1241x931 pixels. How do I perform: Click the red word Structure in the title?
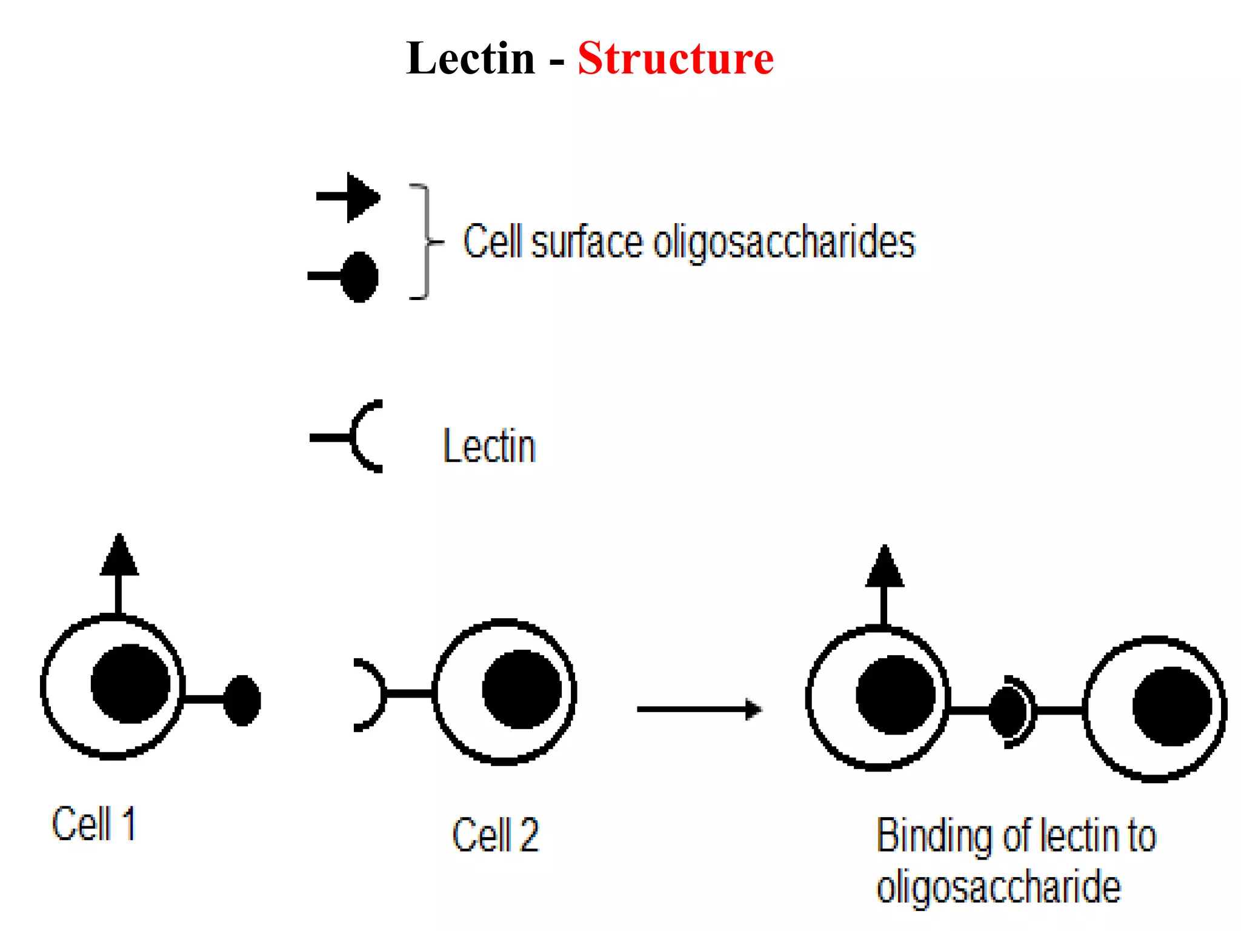pyautogui.click(x=675, y=59)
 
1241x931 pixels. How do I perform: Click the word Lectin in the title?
pyautogui.click(x=471, y=59)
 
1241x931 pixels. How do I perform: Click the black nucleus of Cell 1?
pyautogui.click(x=130, y=684)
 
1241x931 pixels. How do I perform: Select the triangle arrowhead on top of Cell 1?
pyautogui.click(x=119, y=556)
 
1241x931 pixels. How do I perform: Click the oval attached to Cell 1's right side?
pyautogui.click(x=242, y=700)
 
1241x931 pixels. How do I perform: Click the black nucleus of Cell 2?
pyautogui.click(x=522, y=689)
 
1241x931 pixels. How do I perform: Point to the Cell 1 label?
pyautogui.click(x=94, y=824)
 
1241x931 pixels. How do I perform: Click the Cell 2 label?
pyautogui.click(x=495, y=835)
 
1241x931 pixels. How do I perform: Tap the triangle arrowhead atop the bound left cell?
pyautogui.click(x=884, y=567)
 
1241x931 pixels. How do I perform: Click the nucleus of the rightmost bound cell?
pyautogui.click(x=1172, y=706)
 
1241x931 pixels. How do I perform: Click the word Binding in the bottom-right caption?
pyautogui.click(x=933, y=836)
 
